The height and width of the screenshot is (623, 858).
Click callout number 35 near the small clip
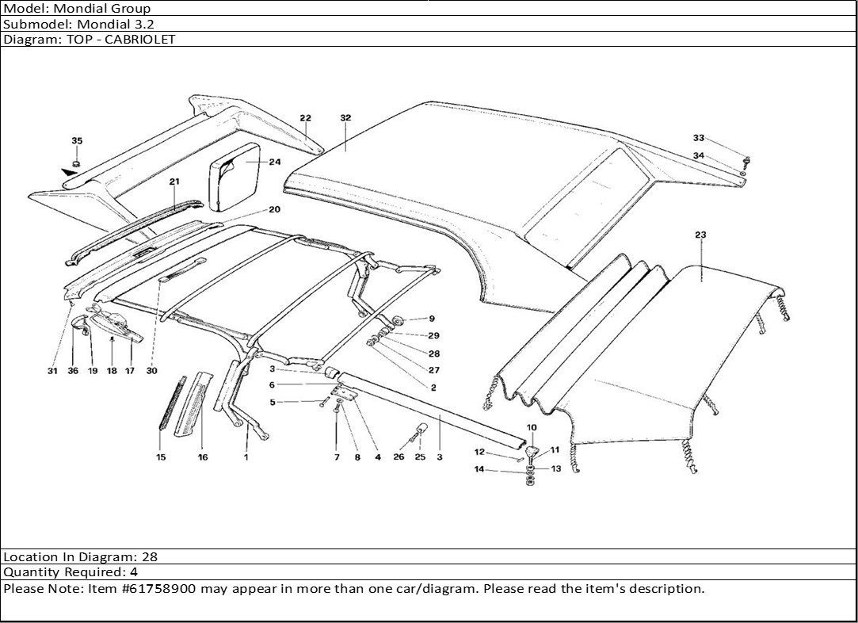[77, 141]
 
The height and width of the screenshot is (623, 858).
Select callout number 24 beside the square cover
[275, 162]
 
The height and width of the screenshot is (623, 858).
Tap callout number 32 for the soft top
[345, 117]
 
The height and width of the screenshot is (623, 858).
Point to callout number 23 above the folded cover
[700, 235]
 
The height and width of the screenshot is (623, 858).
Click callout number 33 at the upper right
[698, 138]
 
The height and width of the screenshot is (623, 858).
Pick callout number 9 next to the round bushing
[432, 319]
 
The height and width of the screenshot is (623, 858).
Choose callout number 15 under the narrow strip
[161, 457]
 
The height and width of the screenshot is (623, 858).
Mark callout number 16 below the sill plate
[203, 457]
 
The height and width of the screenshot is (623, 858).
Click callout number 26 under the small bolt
[398, 457]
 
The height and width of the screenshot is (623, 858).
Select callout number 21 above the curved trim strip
[174, 182]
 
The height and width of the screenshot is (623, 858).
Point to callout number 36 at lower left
[73, 371]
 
